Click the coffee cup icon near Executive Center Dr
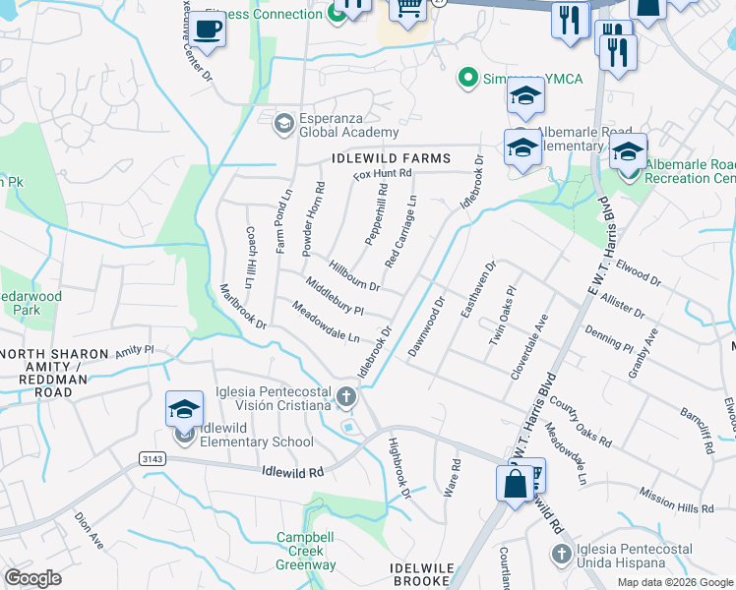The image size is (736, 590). click(x=207, y=29)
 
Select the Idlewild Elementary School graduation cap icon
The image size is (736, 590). click(x=184, y=409)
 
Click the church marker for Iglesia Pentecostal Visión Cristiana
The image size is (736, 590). click(x=344, y=397)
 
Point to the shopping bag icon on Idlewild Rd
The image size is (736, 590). click(x=516, y=485)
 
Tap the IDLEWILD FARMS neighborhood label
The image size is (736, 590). click(x=391, y=158)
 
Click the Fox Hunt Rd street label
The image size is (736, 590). click(x=383, y=175)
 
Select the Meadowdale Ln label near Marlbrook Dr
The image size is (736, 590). click(x=327, y=323)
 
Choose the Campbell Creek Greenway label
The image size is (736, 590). click(x=306, y=552)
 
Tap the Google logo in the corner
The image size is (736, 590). click(x=32, y=577)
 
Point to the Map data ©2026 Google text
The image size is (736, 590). click(x=675, y=582)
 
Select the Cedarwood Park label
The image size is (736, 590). click(x=31, y=303)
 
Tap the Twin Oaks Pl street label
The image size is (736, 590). click(x=502, y=316)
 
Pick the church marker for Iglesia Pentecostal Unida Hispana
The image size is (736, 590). click(x=561, y=554)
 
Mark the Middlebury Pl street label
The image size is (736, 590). click(x=335, y=296)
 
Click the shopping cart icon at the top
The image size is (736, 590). click(x=406, y=9)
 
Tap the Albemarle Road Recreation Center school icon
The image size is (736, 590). click(x=628, y=152)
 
